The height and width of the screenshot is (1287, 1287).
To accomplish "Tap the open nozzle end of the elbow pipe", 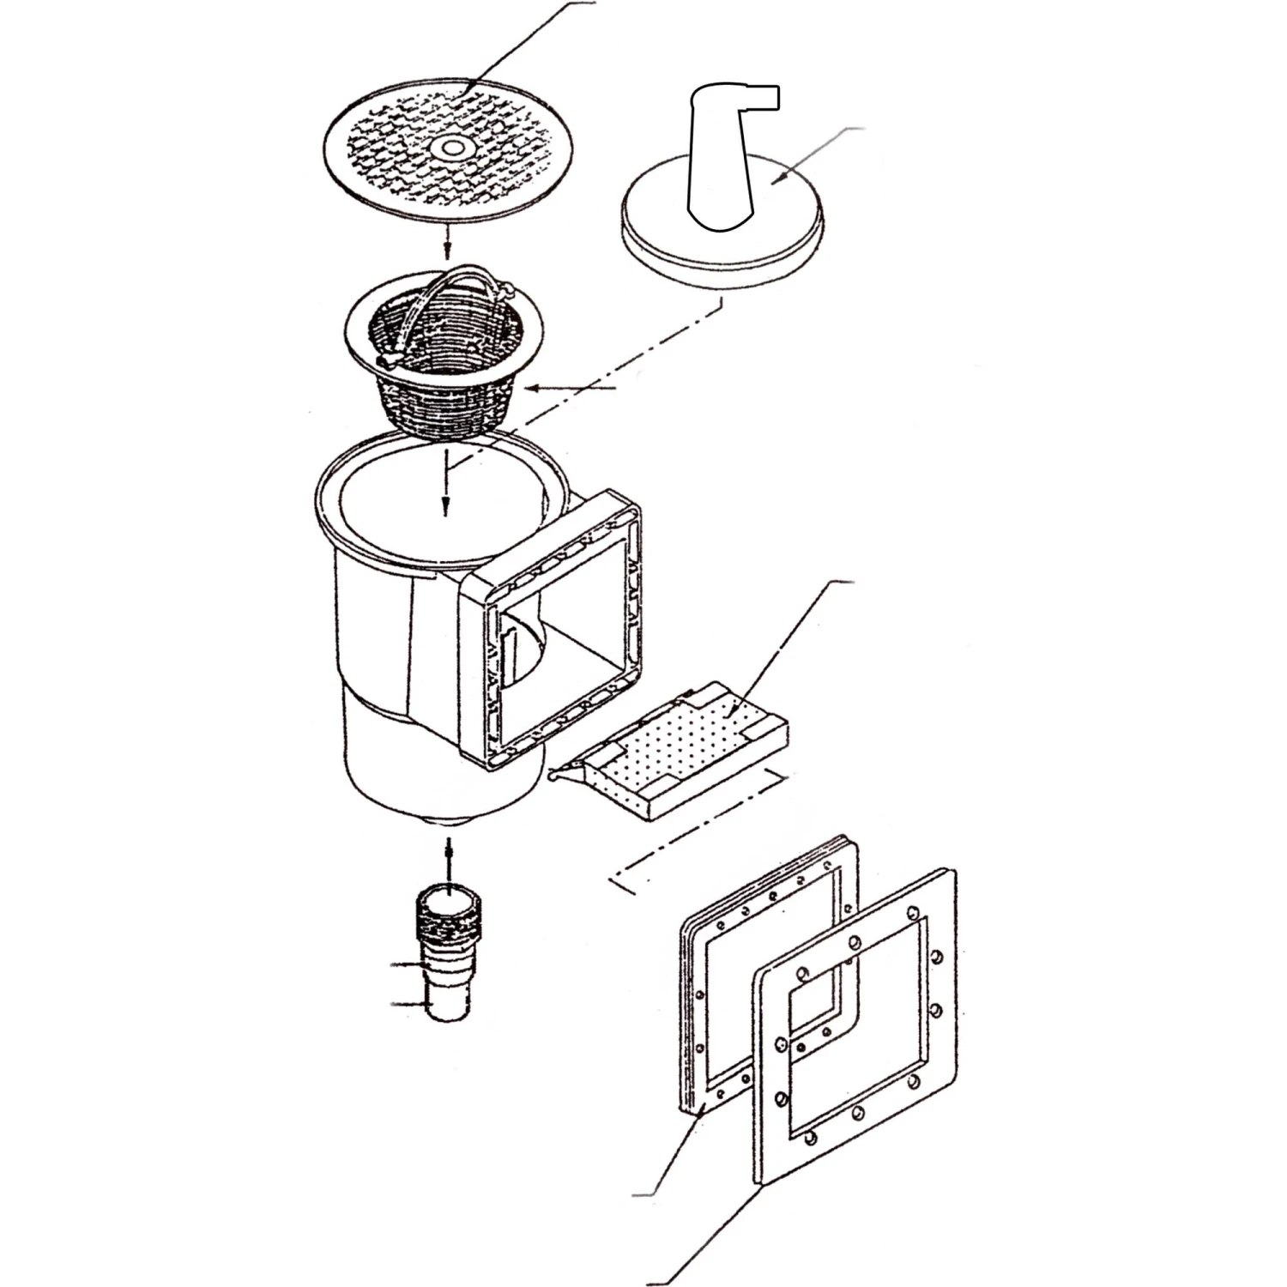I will click(x=772, y=96).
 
